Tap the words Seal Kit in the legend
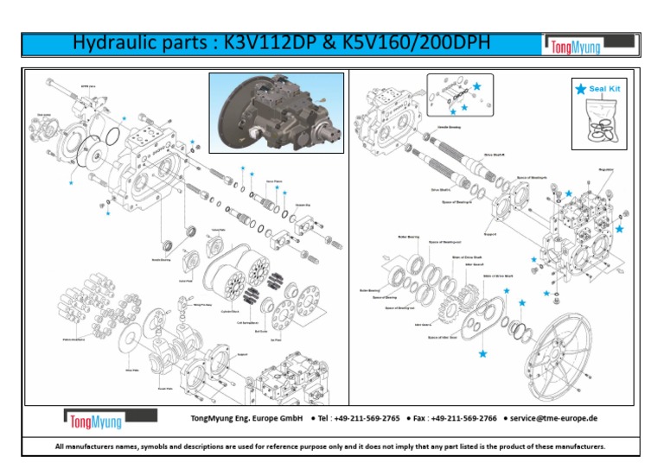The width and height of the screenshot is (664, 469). [x=604, y=88]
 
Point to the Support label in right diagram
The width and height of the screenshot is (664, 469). [x=488, y=232]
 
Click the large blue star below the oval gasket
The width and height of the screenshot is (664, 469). [x=482, y=353]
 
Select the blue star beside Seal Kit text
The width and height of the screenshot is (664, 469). [x=579, y=88]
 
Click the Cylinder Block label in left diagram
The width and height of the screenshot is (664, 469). [x=231, y=310]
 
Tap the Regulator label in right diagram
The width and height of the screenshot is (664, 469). [x=605, y=170]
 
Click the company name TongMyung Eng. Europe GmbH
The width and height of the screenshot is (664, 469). [x=246, y=418]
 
